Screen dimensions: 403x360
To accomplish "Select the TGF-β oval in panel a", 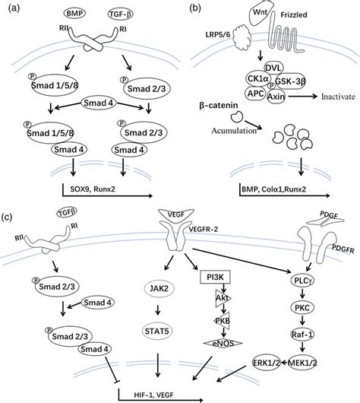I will point(115,15).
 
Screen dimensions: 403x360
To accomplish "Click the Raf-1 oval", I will point(301,332).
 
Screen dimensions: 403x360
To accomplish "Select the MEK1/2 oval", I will point(303,360).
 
